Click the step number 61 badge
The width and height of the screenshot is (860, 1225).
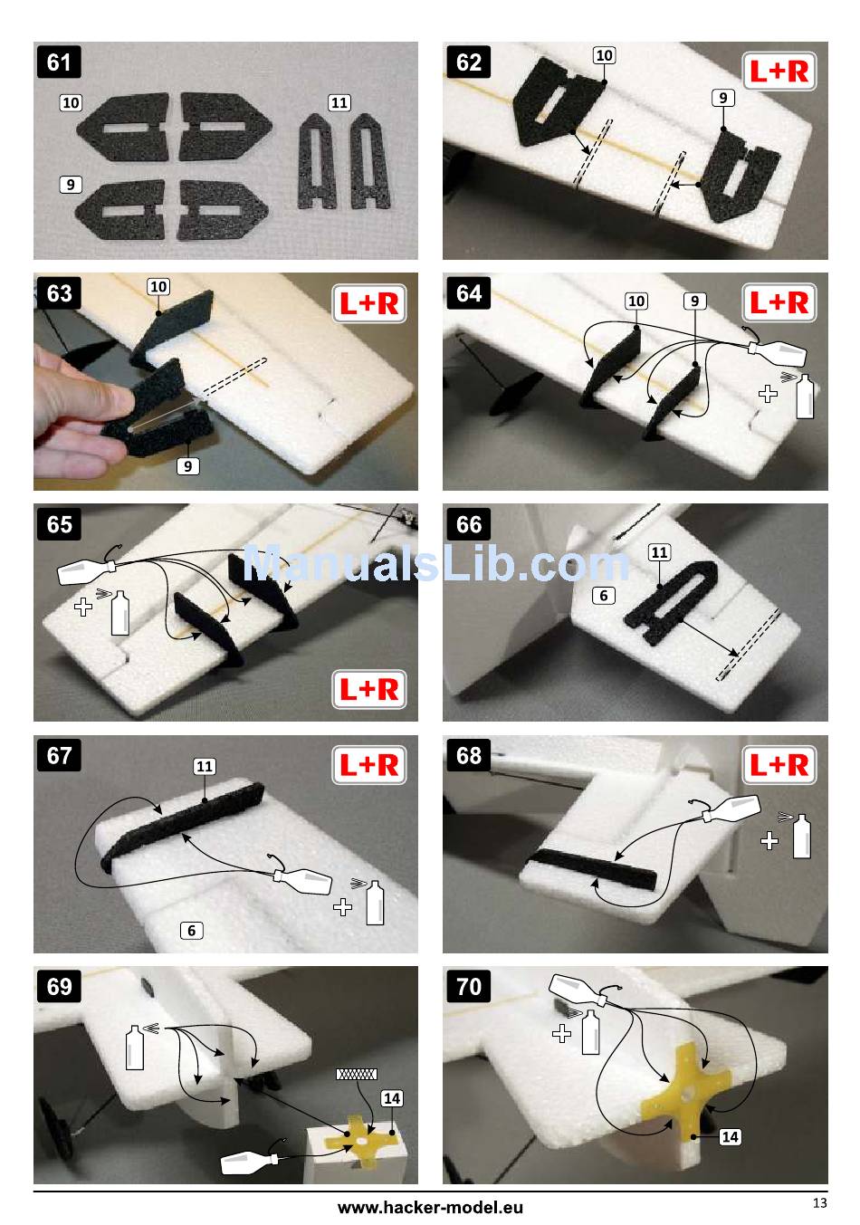(x=59, y=62)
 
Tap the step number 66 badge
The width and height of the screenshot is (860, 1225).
(x=469, y=524)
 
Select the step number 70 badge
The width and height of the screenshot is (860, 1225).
(x=469, y=987)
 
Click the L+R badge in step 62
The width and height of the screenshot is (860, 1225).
(x=779, y=72)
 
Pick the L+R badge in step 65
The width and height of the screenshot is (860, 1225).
(x=369, y=689)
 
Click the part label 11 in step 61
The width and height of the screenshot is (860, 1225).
(x=339, y=103)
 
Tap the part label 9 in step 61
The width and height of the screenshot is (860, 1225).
(x=71, y=185)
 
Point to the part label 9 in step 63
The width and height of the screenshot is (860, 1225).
(x=187, y=466)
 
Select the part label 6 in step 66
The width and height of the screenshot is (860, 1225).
(x=604, y=596)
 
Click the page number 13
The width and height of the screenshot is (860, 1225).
(x=819, y=1202)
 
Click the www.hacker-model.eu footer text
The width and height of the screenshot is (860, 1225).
(x=430, y=1207)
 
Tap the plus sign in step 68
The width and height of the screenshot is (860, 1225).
(x=769, y=840)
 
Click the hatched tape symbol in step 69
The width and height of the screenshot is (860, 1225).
(x=357, y=1074)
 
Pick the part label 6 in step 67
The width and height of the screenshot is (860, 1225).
(x=191, y=930)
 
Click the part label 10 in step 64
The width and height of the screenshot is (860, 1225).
(x=635, y=301)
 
